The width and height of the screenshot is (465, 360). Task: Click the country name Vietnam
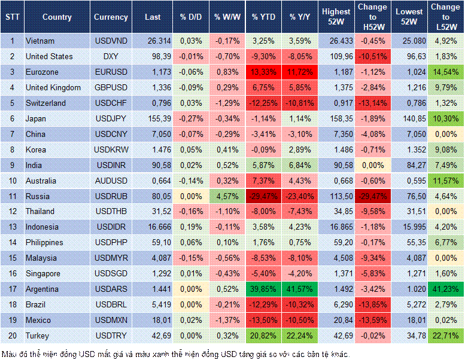point(40,41)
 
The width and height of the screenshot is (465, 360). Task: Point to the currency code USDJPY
point(110,118)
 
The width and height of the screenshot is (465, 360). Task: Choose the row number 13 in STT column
point(12,227)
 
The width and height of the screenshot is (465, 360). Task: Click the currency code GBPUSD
point(111,87)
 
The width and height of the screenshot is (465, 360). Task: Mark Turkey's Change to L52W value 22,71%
point(445,335)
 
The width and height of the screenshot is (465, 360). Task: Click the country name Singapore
point(44,273)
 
